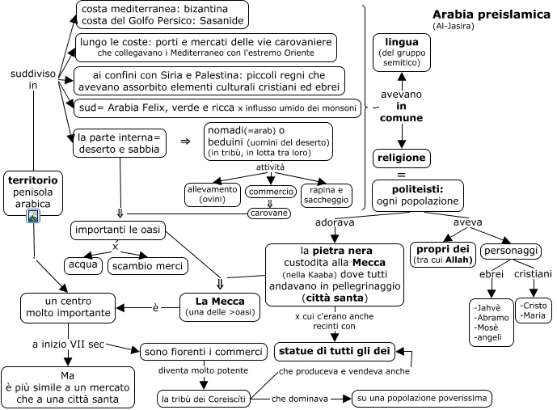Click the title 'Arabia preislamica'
point(487,14)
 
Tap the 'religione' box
point(401,157)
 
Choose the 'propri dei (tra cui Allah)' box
point(442,253)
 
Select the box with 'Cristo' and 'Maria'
point(534,310)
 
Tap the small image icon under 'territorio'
point(34,217)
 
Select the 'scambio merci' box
point(148,265)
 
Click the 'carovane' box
point(269,213)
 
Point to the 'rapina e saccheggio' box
point(327,194)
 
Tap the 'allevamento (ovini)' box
point(213,194)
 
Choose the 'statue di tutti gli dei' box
point(334,351)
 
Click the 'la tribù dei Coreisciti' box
point(204,399)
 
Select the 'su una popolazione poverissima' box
point(421,398)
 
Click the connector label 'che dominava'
point(300,398)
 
